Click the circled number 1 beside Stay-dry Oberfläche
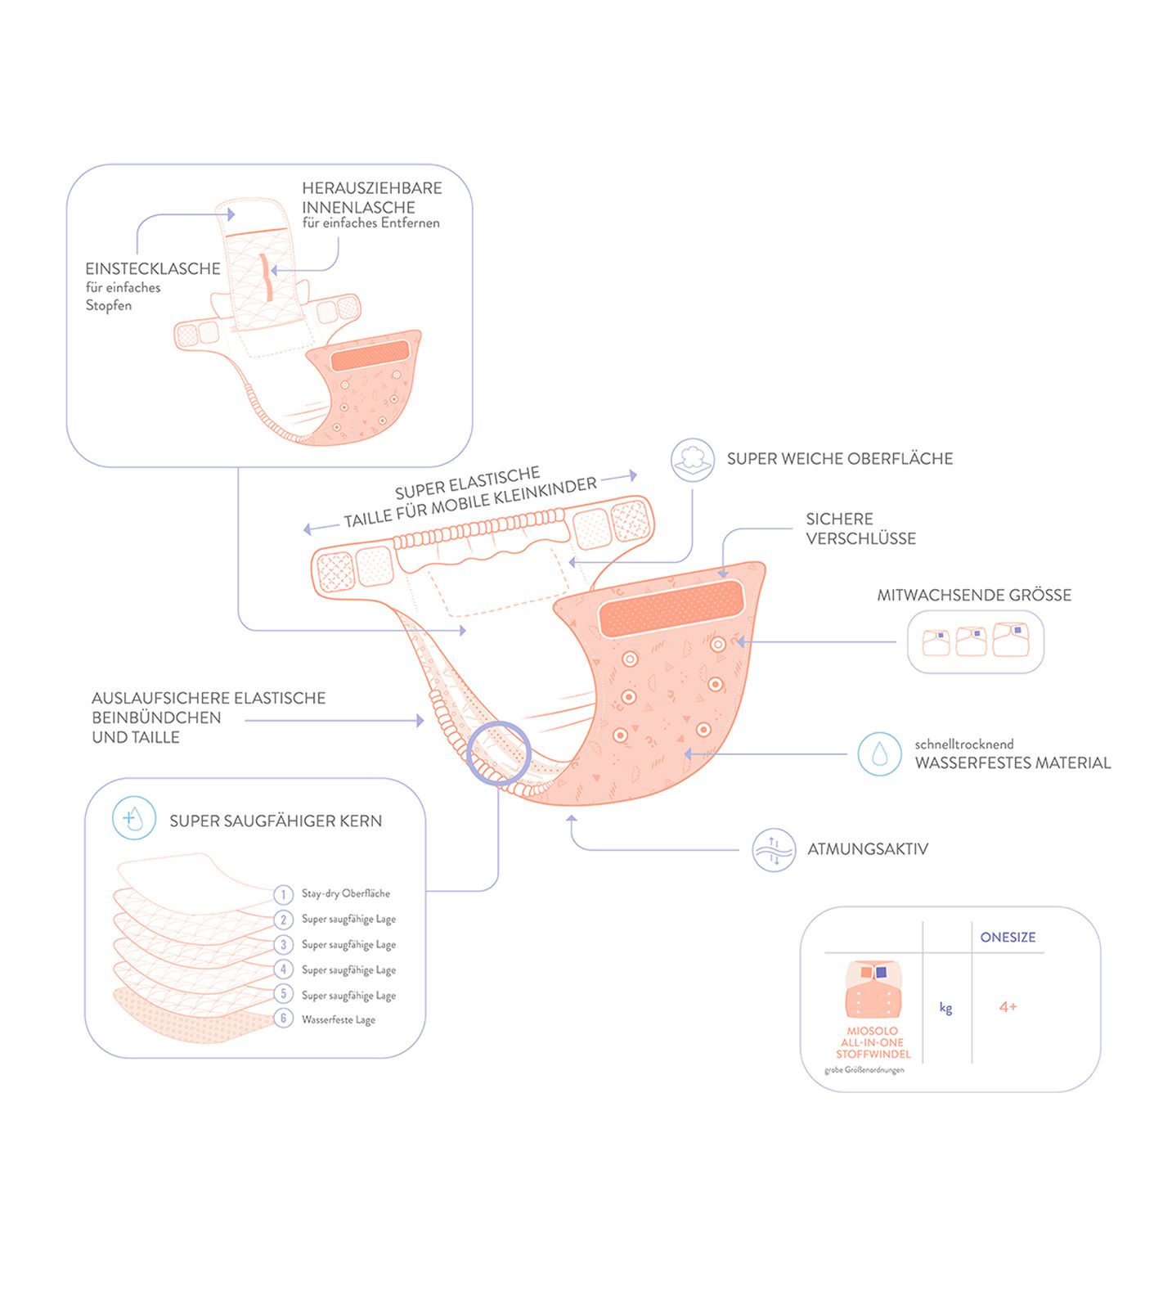[x=283, y=894]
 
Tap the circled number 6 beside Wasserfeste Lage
[x=283, y=1019]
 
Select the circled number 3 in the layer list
[x=283, y=945]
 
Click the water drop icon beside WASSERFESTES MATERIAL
[x=879, y=753]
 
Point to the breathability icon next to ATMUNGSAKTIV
[x=774, y=850]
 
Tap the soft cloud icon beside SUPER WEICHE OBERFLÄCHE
[x=693, y=459]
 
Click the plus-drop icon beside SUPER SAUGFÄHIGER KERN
[x=133, y=817]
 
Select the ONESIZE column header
[x=1008, y=938]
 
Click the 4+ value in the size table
[x=1008, y=1007]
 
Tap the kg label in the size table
[x=945, y=1008]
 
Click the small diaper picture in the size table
[x=873, y=989]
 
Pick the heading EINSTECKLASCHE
[x=153, y=268]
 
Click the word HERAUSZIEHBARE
[x=371, y=188]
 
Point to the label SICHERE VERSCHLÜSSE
[x=860, y=529]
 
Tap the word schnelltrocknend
[x=963, y=744]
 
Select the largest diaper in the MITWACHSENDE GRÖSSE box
[x=1011, y=639]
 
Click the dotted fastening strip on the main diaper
[x=671, y=609]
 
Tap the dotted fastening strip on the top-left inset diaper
[x=370, y=356]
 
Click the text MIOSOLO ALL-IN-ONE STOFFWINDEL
[x=873, y=1043]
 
